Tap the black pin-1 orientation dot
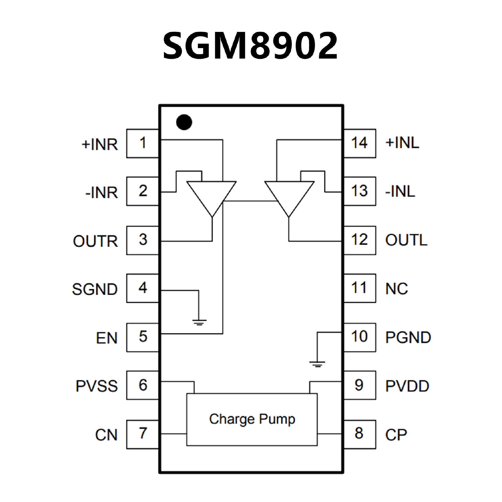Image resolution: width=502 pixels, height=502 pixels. tap(184, 122)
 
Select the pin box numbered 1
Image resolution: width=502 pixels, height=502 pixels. tap(142, 143)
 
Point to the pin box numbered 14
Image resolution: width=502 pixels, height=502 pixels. tap(360, 143)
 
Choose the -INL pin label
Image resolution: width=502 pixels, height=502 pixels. tap(400, 191)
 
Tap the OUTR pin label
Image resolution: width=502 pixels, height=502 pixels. tap(95, 241)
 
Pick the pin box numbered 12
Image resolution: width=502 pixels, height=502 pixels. tap(360, 240)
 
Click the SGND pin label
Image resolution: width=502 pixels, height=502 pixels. tap(95, 289)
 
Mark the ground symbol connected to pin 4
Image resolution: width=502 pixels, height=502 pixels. tap(199, 322)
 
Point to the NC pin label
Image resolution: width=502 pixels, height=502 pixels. tap(396, 289)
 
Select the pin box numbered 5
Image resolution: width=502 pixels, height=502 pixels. tap(142, 337)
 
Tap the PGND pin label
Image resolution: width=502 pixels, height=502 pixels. tap(408, 337)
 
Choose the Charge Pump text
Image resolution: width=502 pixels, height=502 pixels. tap(252, 419)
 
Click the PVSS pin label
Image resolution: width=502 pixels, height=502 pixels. tap(97, 386)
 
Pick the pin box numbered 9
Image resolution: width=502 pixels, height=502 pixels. tap(360, 385)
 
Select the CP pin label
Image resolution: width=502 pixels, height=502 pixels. tap(396, 435)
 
